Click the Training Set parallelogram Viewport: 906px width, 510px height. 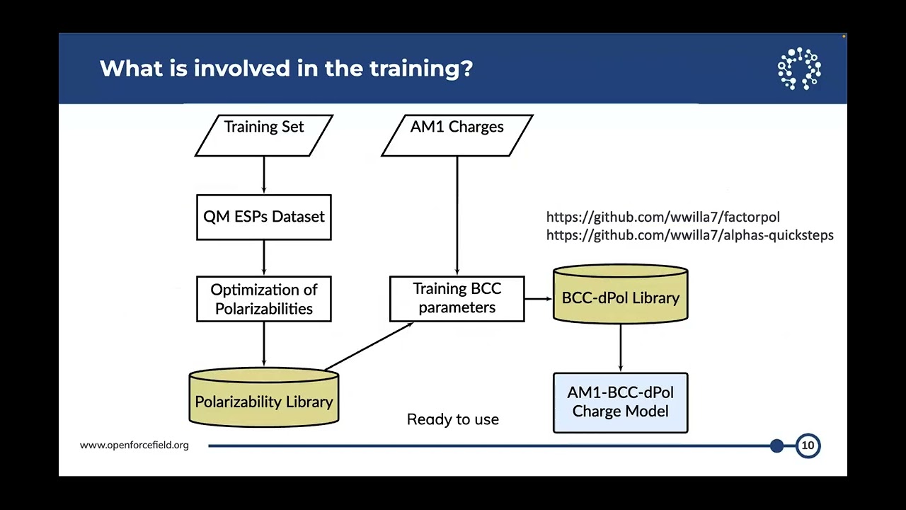(x=264, y=135)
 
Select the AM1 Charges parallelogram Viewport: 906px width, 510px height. (x=457, y=135)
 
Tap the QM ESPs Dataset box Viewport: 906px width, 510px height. (x=264, y=217)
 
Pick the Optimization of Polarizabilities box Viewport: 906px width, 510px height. (x=264, y=299)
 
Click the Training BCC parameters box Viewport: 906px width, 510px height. (x=457, y=299)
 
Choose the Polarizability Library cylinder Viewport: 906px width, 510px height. (x=264, y=397)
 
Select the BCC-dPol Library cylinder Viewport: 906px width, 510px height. (x=621, y=294)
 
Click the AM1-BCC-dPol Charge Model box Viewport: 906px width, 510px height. (x=621, y=403)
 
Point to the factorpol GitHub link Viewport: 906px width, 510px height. (x=663, y=217)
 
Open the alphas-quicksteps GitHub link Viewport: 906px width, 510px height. (x=690, y=235)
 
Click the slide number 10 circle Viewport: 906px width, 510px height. (x=808, y=446)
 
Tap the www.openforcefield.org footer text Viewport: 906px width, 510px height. (x=134, y=446)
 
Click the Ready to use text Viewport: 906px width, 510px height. (x=453, y=419)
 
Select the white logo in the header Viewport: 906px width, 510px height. (x=799, y=69)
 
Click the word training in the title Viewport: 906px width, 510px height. (x=421, y=69)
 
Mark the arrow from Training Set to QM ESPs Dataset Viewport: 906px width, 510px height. (x=264, y=175)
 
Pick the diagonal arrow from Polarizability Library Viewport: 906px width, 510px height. (x=369, y=346)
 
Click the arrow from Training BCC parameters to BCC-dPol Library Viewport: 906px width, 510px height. (x=539, y=299)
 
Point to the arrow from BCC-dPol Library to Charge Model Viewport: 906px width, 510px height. (x=621, y=348)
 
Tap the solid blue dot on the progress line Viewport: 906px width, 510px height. (x=777, y=446)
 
